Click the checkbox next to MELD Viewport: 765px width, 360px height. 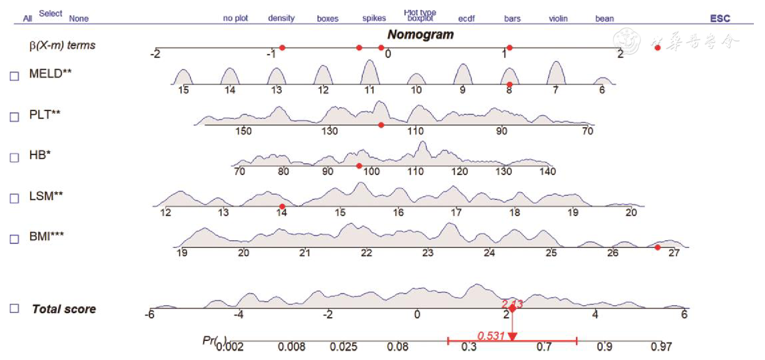click(x=14, y=76)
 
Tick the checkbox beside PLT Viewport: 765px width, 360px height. click(x=14, y=117)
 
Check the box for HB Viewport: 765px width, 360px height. click(x=14, y=158)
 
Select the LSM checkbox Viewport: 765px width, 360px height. click(x=14, y=198)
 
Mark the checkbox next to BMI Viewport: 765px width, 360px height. click(x=14, y=239)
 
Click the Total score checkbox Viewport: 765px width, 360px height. click(x=14, y=308)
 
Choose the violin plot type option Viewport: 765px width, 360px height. click(x=558, y=19)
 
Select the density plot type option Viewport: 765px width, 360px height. click(x=281, y=18)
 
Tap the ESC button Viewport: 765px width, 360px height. click(x=720, y=18)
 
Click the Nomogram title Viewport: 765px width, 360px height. click(x=421, y=35)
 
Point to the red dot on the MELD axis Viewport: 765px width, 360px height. click(x=510, y=84)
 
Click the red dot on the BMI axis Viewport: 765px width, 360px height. click(x=658, y=247)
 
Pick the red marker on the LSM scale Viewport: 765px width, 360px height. click(x=282, y=206)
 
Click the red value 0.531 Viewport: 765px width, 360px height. click(x=491, y=336)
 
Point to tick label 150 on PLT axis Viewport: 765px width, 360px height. click(x=243, y=131)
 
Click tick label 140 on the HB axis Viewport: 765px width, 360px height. click(x=547, y=172)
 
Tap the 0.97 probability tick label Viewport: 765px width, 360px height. click(x=661, y=347)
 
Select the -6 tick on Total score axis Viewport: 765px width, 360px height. click(x=150, y=315)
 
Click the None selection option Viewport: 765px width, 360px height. click(x=79, y=19)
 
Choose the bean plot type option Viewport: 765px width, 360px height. click(x=604, y=19)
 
